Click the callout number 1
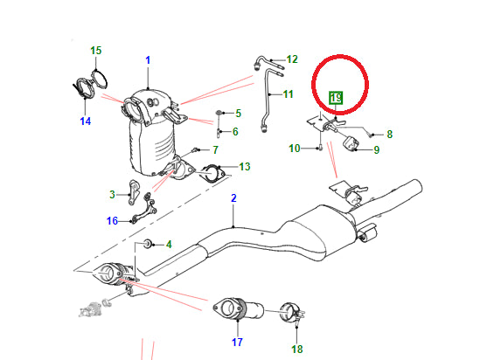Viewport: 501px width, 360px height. click(x=148, y=59)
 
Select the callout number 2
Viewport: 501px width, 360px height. click(x=233, y=199)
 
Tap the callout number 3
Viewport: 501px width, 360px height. click(x=112, y=194)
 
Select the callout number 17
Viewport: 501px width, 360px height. click(x=237, y=343)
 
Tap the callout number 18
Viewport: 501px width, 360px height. click(x=296, y=350)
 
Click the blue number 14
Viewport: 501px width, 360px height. click(x=85, y=121)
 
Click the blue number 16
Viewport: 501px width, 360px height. click(x=112, y=221)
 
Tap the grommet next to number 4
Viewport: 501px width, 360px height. click(x=148, y=242)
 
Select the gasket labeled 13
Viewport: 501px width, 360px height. click(x=211, y=172)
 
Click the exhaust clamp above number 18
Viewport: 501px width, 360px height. click(x=292, y=311)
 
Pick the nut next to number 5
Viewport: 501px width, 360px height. click(x=218, y=114)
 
